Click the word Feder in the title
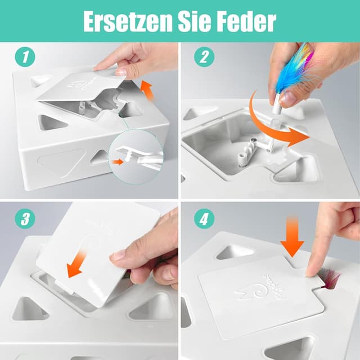[x=252, y=21]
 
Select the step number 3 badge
[x=24, y=219]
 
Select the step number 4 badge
[x=204, y=219]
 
